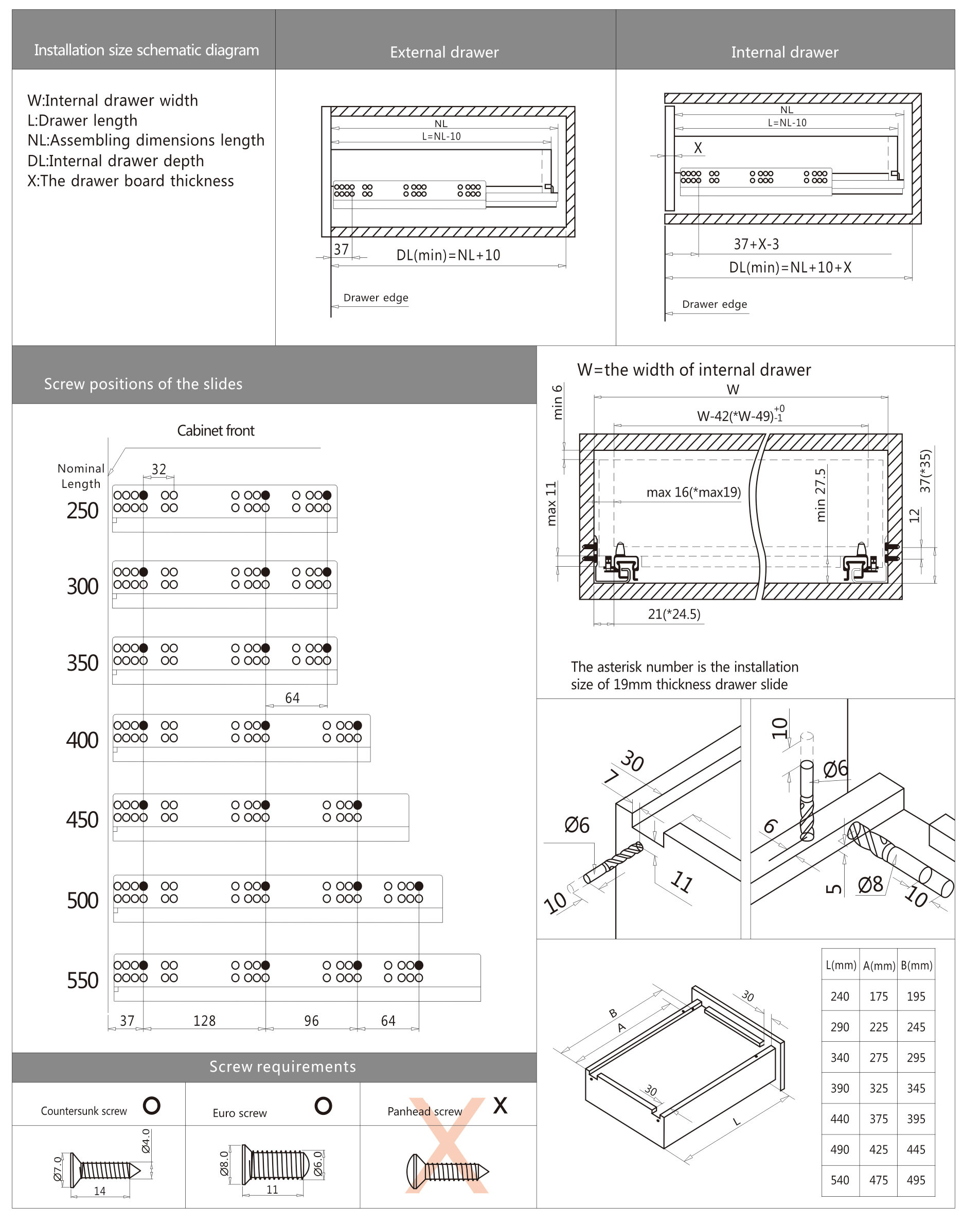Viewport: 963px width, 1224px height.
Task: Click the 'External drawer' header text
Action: (x=444, y=53)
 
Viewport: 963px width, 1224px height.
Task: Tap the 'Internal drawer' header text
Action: (x=784, y=53)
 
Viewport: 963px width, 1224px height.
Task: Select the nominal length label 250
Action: (x=82, y=511)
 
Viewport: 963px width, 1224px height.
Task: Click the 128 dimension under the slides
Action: (x=204, y=1020)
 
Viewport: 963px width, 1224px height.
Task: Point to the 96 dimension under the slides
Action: (x=311, y=1020)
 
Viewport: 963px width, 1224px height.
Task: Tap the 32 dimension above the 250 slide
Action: (x=159, y=469)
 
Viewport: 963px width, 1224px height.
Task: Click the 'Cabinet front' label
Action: (x=216, y=430)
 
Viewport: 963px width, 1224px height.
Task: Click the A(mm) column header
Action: (x=879, y=966)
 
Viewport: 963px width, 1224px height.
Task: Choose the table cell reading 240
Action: (x=840, y=996)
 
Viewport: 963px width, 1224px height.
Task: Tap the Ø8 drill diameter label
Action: (x=870, y=884)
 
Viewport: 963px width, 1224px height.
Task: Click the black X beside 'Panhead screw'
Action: (x=500, y=1105)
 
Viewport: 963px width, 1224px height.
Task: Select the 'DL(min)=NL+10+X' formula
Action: (x=790, y=267)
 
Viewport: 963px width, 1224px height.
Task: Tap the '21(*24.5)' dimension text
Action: (x=674, y=614)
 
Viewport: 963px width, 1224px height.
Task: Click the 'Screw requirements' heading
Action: (x=282, y=1066)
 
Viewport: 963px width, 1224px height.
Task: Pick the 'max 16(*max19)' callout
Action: (x=693, y=492)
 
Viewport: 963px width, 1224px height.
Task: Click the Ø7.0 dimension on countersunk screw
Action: (x=58, y=1168)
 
